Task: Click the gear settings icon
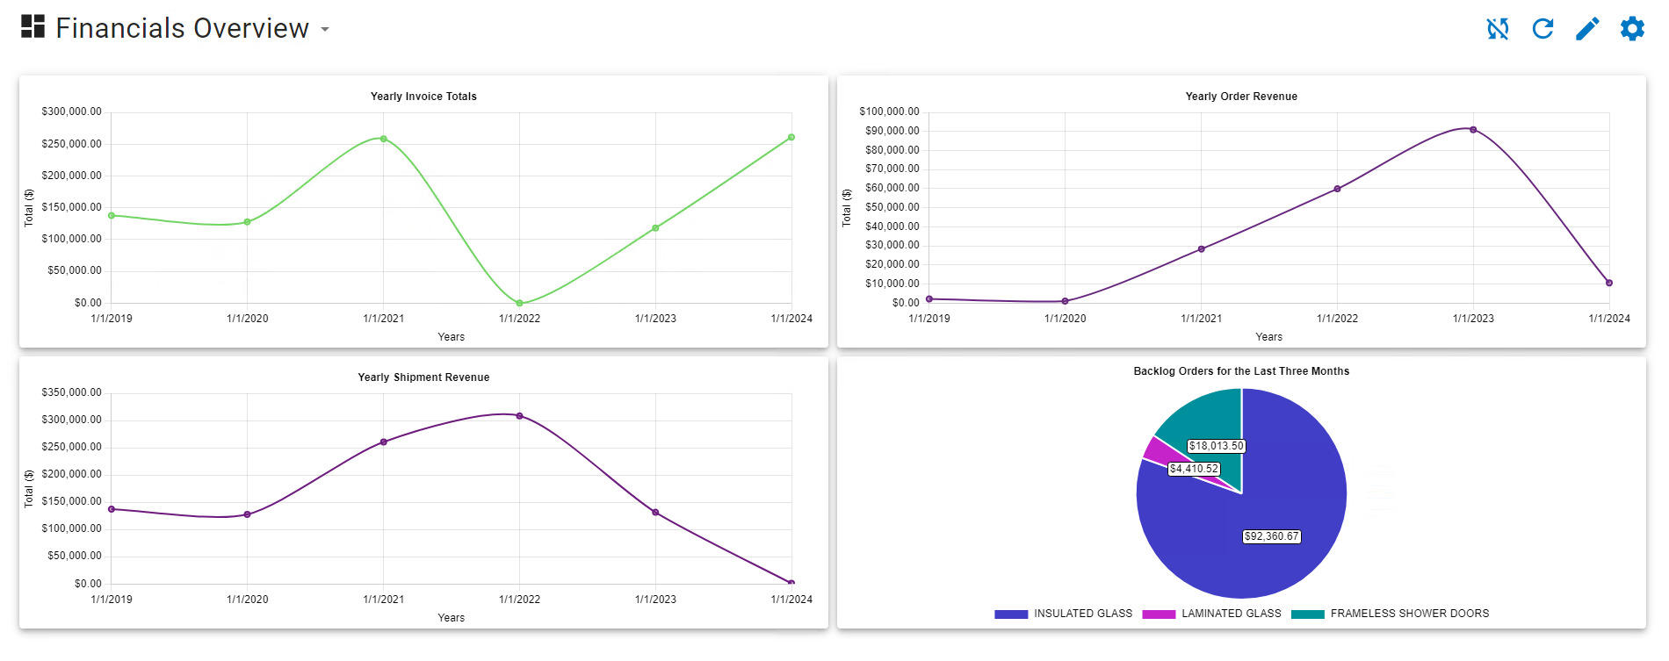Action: [x=1632, y=28]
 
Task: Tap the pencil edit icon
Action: [x=1587, y=29]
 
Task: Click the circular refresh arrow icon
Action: [x=1543, y=29]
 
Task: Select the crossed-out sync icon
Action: [x=1498, y=29]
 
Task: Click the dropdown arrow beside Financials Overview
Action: [x=325, y=29]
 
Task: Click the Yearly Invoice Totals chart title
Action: [x=423, y=97]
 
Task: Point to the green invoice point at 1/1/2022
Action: [x=520, y=303]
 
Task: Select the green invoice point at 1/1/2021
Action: [x=384, y=139]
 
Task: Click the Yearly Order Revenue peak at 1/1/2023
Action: [x=1473, y=130]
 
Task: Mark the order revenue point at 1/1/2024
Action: [x=1609, y=283]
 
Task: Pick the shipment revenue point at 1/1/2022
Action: [x=520, y=416]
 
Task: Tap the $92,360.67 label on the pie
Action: [x=1271, y=536]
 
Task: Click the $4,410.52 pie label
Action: [x=1194, y=469]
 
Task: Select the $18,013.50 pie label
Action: [x=1216, y=446]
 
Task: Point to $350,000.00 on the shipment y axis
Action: [x=71, y=392]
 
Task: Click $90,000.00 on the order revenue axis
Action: [x=892, y=131]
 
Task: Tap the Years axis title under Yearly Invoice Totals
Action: [x=451, y=337]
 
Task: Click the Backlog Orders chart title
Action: [x=1241, y=371]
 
